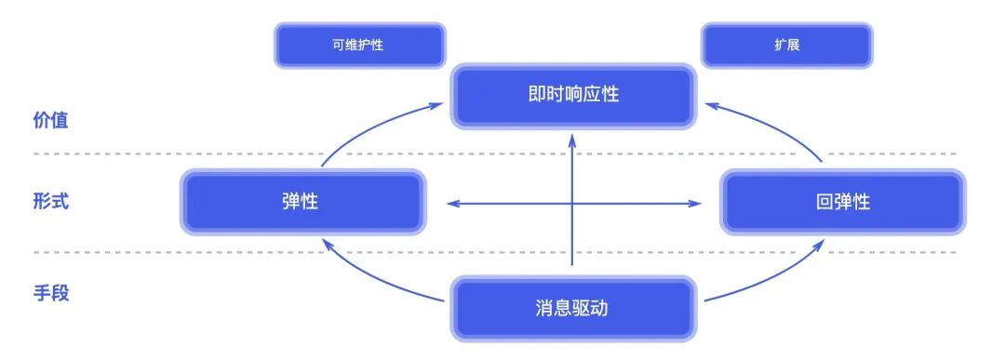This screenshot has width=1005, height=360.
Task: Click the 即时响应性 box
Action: pos(572,95)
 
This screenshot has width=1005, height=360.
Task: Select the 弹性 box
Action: pos(301,201)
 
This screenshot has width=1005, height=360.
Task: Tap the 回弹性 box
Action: pos(841,201)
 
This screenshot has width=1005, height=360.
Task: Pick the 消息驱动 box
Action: pos(572,307)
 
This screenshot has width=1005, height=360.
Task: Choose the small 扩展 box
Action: pos(786,45)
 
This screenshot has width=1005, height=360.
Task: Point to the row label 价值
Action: pos(50,120)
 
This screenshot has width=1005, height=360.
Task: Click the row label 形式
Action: pos(50,201)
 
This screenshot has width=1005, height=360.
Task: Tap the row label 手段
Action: pos(50,293)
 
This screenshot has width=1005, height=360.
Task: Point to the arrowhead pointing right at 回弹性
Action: pos(696,204)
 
